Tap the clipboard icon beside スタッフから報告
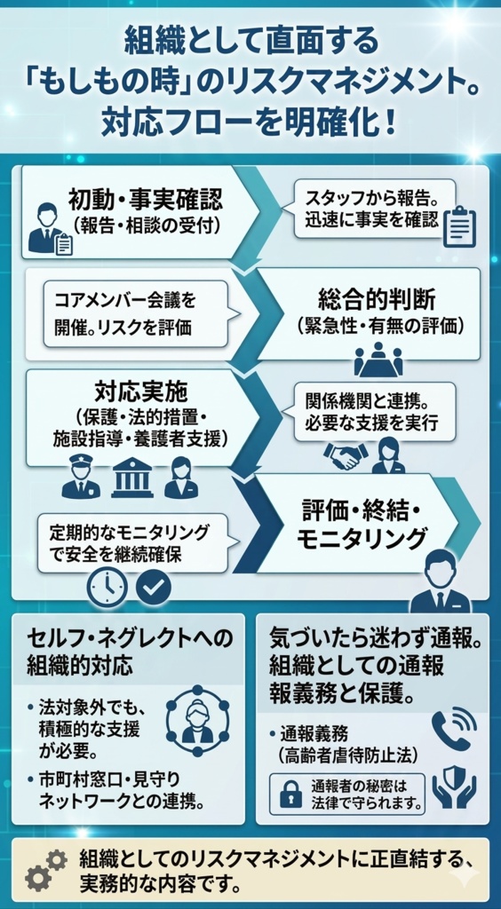pos(458,226)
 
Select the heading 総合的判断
pos(378,298)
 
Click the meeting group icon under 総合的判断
pos(378,359)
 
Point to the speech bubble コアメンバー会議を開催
pos(133,314)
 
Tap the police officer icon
pos(81,478)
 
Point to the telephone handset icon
pos(452,730)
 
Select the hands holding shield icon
pos(453,786)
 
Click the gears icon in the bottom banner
pos(45,868)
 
